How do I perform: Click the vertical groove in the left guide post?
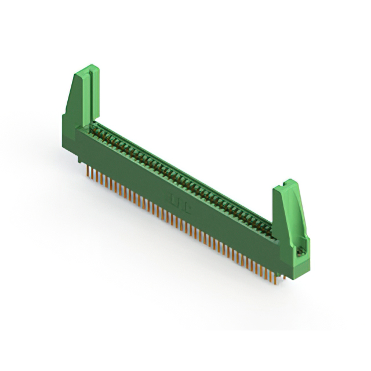click(86, 99)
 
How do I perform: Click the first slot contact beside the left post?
click(99, 130)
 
